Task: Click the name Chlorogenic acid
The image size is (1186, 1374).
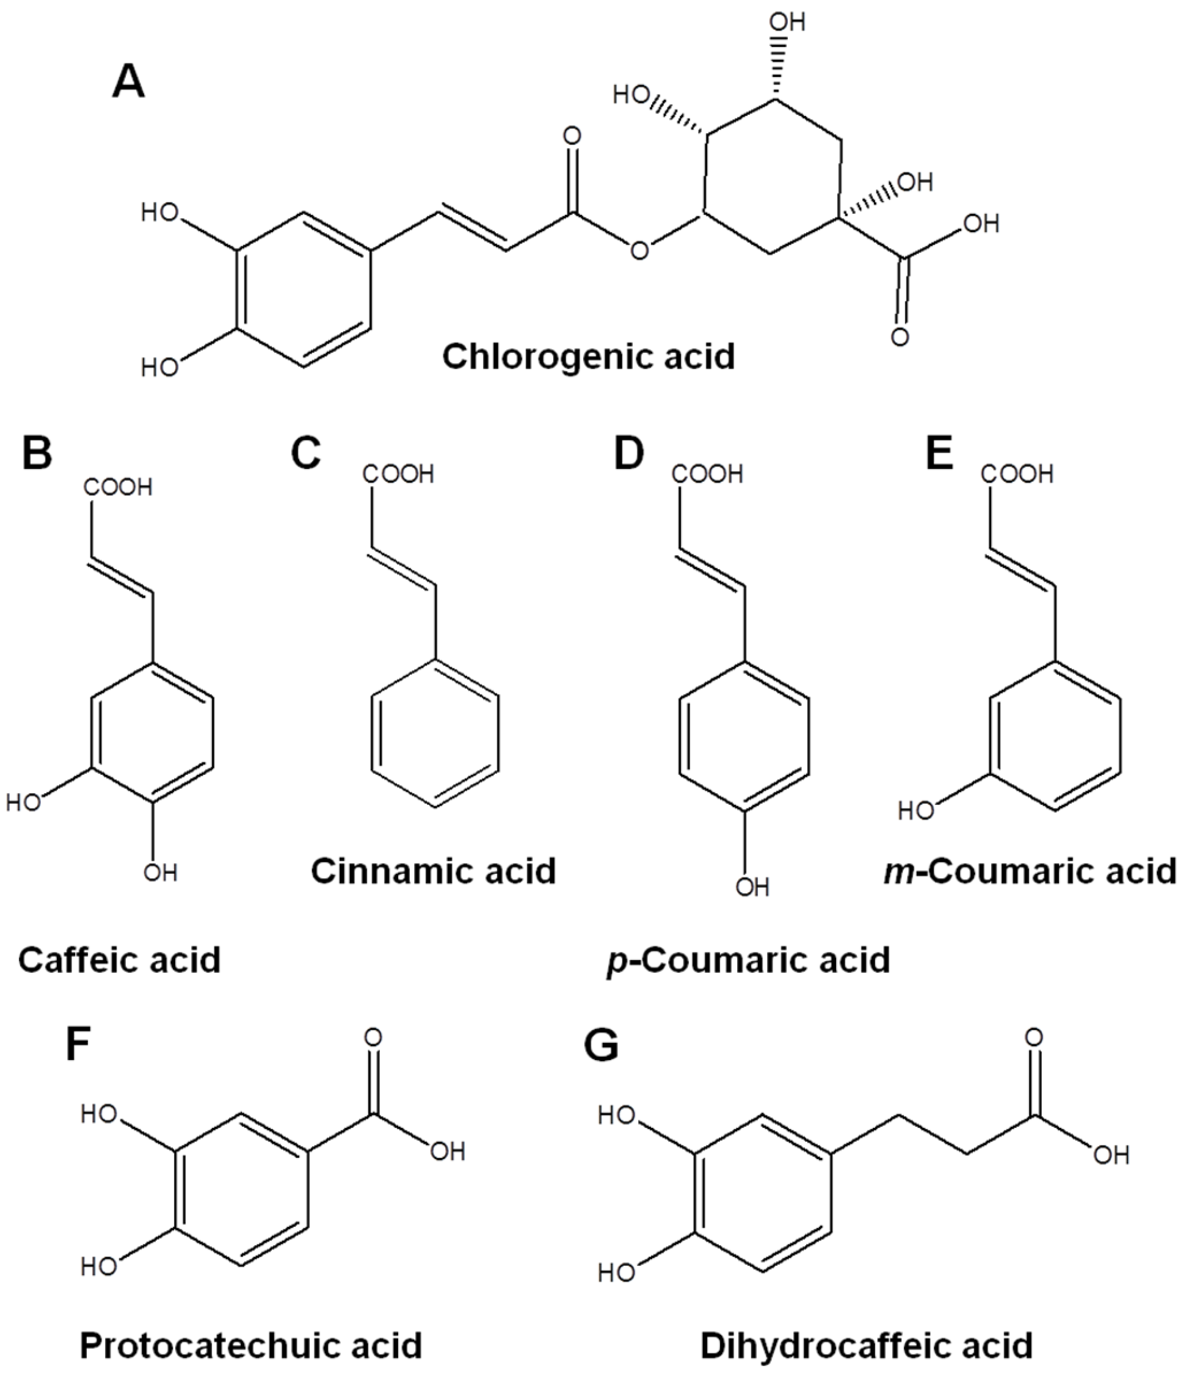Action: click(588, 357)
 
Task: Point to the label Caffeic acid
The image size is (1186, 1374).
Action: click(120, 959)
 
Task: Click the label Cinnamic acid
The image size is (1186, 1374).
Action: click(433, 871)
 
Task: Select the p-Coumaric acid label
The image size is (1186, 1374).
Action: click(749, 960)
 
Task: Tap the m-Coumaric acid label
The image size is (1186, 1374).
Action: click(1030, 871)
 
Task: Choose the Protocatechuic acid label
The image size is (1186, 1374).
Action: click(251, 1346)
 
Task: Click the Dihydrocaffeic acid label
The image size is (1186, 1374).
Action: click(866, 1346)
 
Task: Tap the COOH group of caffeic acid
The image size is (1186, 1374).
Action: click(118, 487)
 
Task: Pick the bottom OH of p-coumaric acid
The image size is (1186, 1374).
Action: click(752, 887)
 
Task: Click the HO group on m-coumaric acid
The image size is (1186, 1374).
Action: click(916, 810)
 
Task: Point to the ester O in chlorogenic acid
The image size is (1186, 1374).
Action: click(639, 250)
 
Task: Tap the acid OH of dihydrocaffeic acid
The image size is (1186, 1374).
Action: click(1111, 1157)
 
